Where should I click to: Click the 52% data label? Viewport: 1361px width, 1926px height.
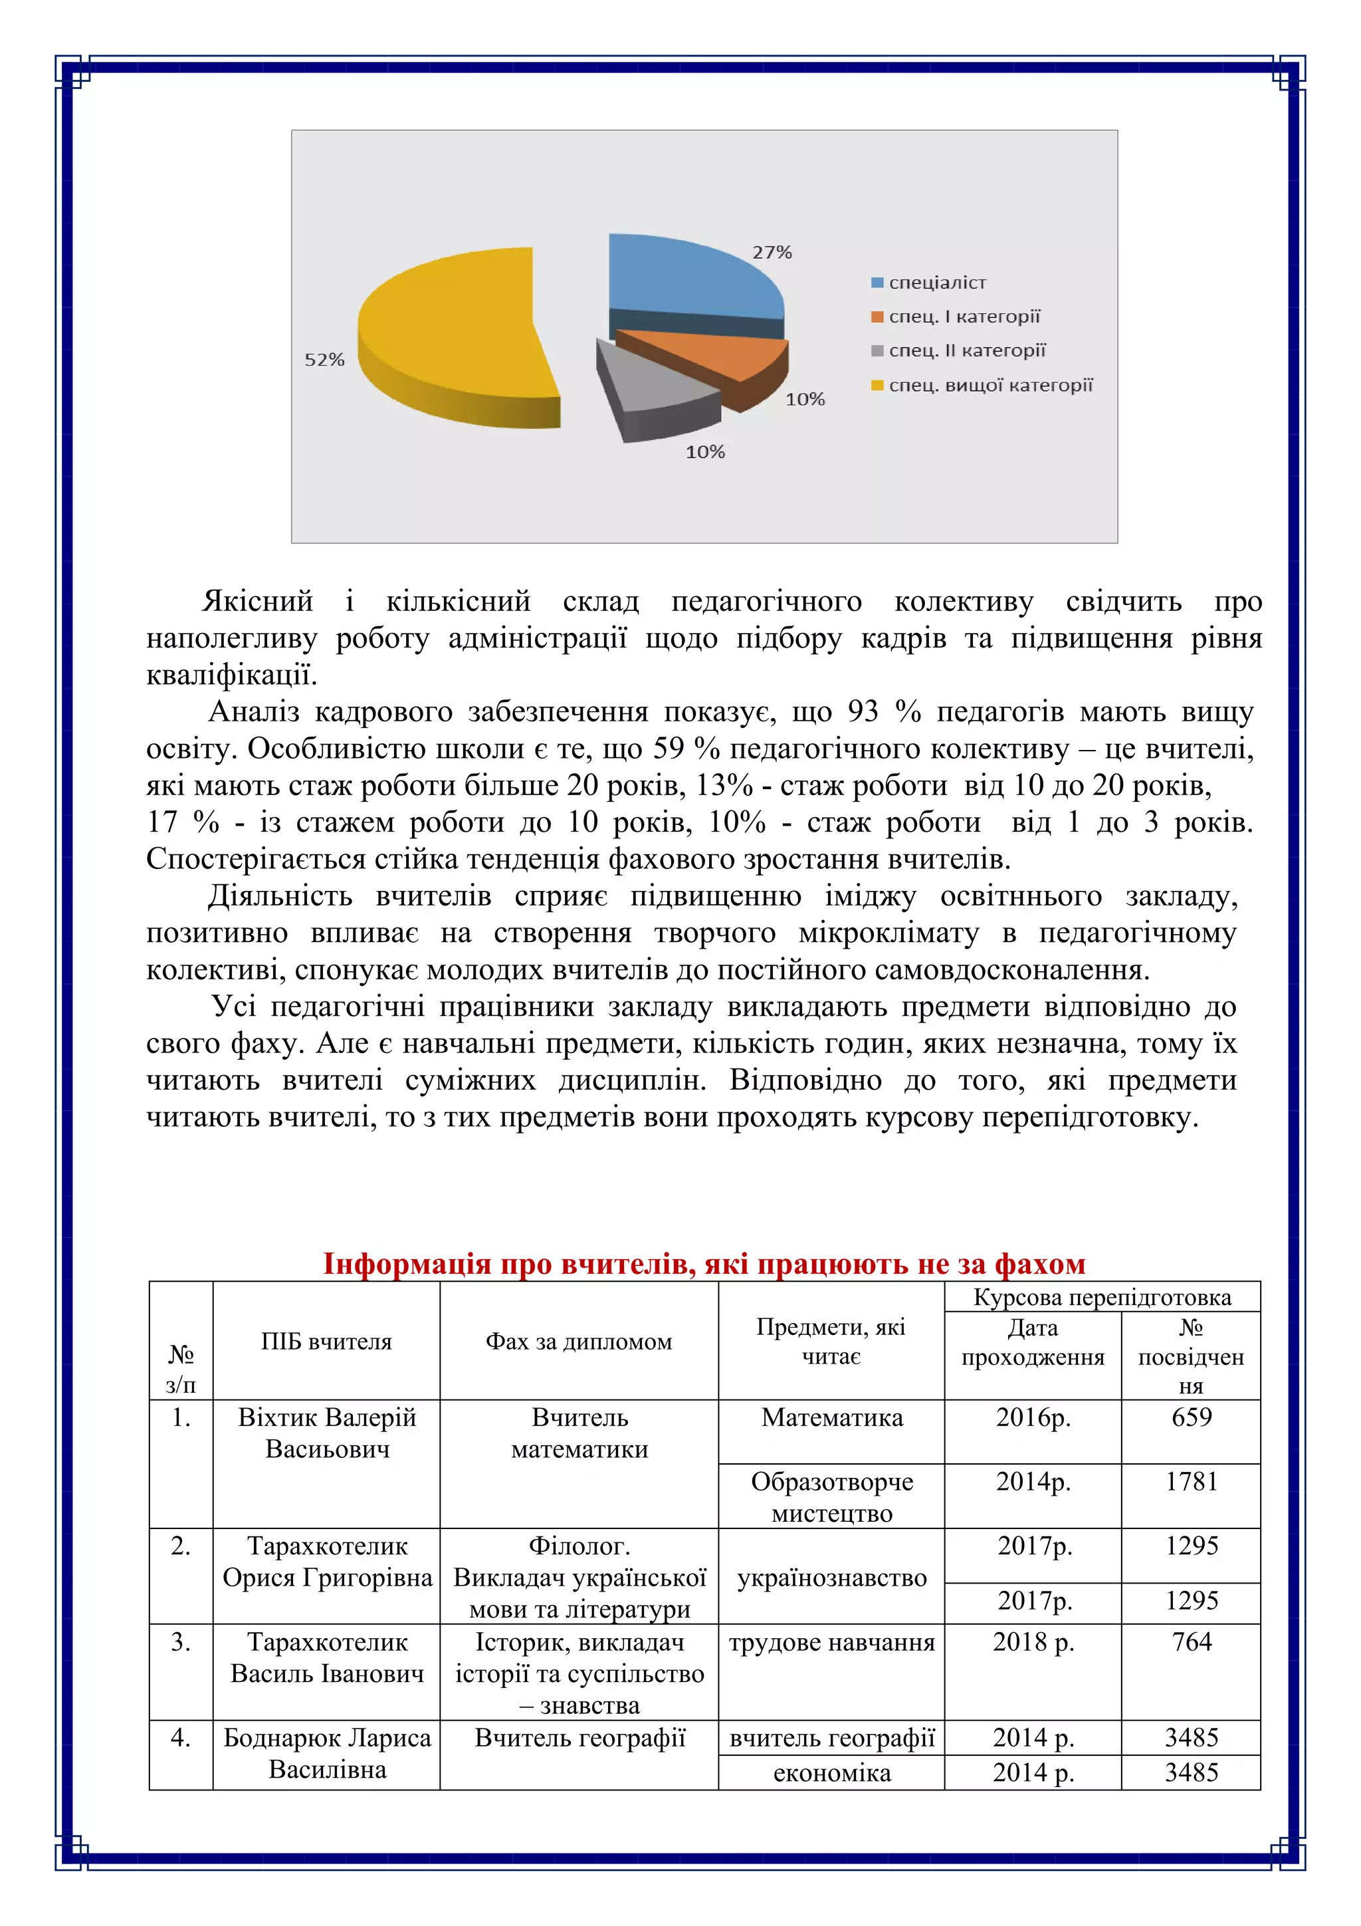(x=324, y=360)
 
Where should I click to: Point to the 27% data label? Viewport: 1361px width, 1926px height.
(x=772, y=253)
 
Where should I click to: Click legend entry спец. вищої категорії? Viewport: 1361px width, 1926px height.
(x=990, y=386)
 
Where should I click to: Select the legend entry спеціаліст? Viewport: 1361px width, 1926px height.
(x=936, y=283)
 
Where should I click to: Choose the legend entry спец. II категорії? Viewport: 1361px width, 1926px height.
(x=966, y=350)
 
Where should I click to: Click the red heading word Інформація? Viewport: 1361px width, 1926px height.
(x=407, y=1263)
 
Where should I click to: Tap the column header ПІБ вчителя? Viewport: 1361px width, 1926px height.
(x=326, y=1342)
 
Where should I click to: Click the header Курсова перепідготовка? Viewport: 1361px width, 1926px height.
(x=1102, y=1298)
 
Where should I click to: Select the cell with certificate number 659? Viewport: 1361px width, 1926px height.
(x=1191, y=1417)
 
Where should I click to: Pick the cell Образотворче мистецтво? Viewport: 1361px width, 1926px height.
(x=831, y=1497)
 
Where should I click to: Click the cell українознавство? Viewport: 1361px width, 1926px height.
(x=831, y=1578)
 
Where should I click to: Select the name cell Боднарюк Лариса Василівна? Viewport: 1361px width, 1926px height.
(x=326, y=1753)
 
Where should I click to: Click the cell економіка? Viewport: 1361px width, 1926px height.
(x=831, y=1772)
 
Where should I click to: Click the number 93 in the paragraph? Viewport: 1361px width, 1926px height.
(x=862, y=711)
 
